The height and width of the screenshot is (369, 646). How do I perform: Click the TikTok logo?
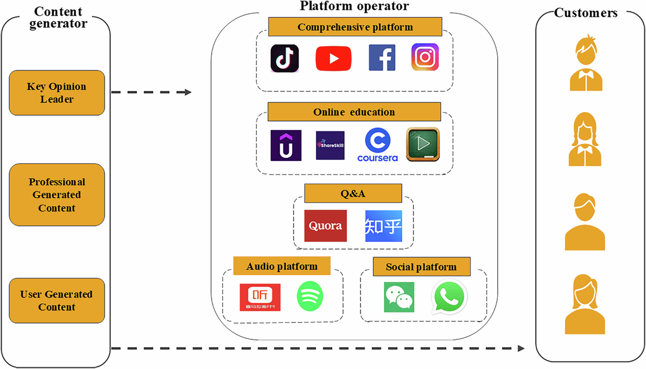(x=285, y=58)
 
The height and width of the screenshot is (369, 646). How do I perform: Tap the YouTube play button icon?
(x=333, y=58)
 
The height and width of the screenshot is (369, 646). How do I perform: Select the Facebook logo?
(x=382, y=58)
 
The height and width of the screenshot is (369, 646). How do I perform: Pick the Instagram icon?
(x=425, y=58)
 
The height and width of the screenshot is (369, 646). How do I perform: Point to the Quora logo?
(x=325, y=226)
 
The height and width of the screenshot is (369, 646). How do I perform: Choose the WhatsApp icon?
(x=449, y=296)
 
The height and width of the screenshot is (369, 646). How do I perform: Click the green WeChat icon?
(x=399, y=297)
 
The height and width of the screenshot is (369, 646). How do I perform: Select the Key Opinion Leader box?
(x=57, y=93)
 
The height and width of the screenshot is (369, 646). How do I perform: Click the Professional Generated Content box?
(x=57, y=195)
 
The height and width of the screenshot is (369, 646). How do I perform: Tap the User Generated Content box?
(x=57, y=301)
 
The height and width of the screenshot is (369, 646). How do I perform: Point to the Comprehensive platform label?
(x=355, y=27)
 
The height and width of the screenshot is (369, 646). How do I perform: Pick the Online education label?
(x=354, y=112)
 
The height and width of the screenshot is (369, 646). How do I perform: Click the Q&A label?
(x=353, y=193)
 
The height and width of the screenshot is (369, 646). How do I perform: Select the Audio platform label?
(x=282, y=266)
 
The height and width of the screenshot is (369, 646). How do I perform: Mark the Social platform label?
(x=421, y=267)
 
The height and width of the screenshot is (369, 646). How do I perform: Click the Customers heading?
(x=586, y=13)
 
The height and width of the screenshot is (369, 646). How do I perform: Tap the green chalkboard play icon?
(x=423, y=144)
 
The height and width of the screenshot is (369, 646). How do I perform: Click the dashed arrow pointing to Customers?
(x=318, y=349)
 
